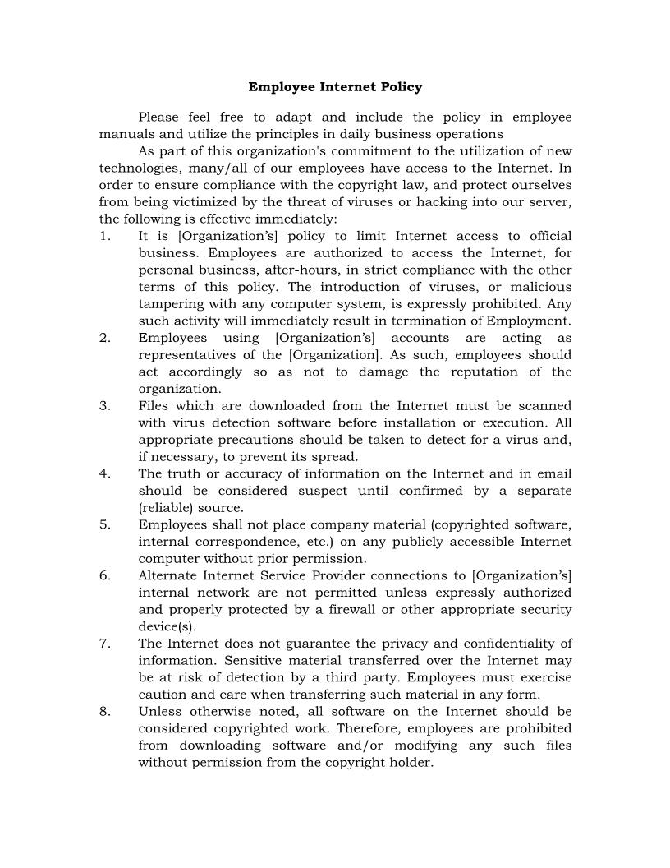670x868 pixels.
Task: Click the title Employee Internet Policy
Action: (x=335, y=86)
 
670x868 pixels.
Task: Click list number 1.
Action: (x=104, y=237)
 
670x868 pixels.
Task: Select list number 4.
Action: (x=104, y=474)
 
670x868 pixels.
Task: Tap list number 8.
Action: (x=104, y=712)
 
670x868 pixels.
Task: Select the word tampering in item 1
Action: (x=169, y=304)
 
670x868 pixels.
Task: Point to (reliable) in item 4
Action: (x=167, y=508)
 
